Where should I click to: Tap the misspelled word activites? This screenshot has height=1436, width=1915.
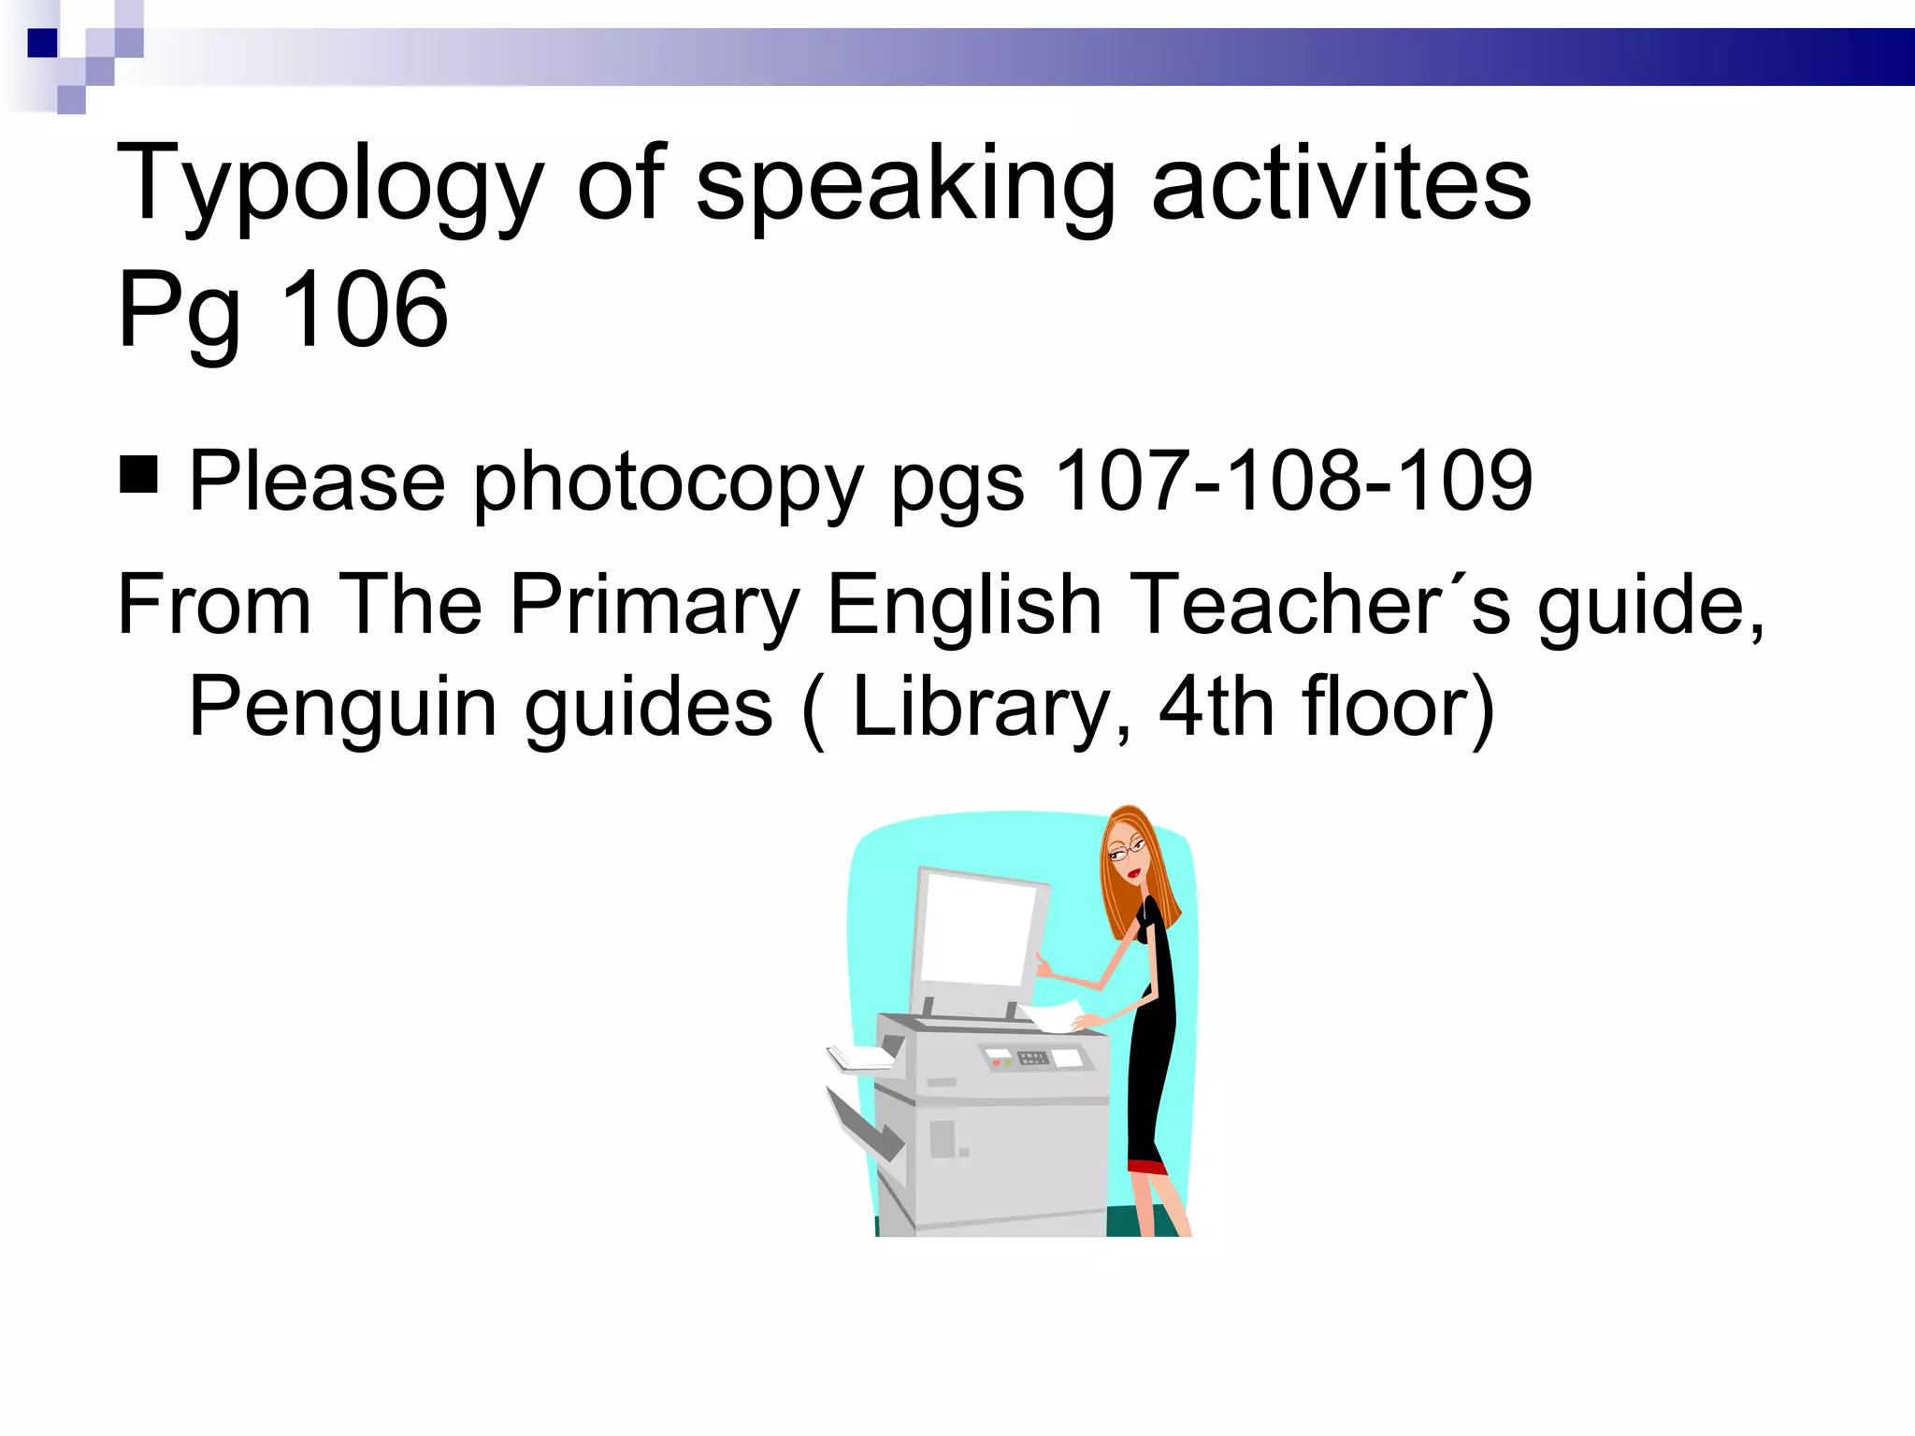point(1341,184)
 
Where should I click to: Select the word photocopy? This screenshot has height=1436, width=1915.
point(668,482)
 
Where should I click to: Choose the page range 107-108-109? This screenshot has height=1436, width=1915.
point(1293,481)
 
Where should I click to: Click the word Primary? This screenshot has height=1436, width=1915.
point(655,606)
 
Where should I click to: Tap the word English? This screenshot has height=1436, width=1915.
point(964,606)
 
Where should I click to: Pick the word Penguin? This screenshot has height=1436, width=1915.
point(342,708)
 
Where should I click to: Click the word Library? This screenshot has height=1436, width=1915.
point(982,708)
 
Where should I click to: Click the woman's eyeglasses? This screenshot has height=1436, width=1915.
point(1126,849)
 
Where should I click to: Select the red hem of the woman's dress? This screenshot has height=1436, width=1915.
point(1147,1167)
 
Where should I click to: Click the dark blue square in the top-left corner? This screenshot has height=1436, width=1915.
point(42,43)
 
